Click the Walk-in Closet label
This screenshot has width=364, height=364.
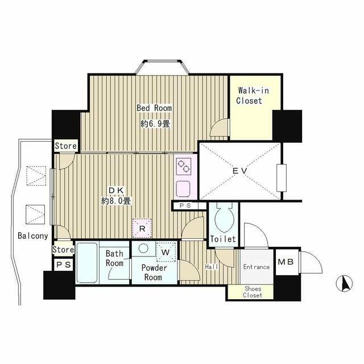(253, 96)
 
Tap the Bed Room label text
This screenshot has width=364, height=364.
(154, 108)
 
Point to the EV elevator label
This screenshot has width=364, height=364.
(240, 171)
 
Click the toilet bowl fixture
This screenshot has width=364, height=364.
(224, 218)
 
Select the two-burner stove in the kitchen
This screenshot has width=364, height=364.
(183, 166)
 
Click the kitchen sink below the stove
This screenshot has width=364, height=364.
(183, 189)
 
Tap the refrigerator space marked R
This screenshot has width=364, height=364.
(142, 228)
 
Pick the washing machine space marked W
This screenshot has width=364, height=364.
(166, 252)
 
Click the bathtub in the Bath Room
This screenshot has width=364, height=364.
(87, 263)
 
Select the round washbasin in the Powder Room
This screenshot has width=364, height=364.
(143, 249)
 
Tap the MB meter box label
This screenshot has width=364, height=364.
(286, 262)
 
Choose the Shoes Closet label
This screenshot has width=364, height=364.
(253, 292)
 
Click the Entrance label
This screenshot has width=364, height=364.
(257, 267)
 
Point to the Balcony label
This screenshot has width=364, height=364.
(33, 236)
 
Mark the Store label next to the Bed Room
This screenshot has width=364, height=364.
(66, 146)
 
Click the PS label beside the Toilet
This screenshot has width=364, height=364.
(185, 206)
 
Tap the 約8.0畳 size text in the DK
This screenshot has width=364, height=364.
(116, 201)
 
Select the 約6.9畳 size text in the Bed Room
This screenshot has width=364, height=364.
(155, 124)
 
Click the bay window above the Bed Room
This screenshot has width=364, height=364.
(162, 67)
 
